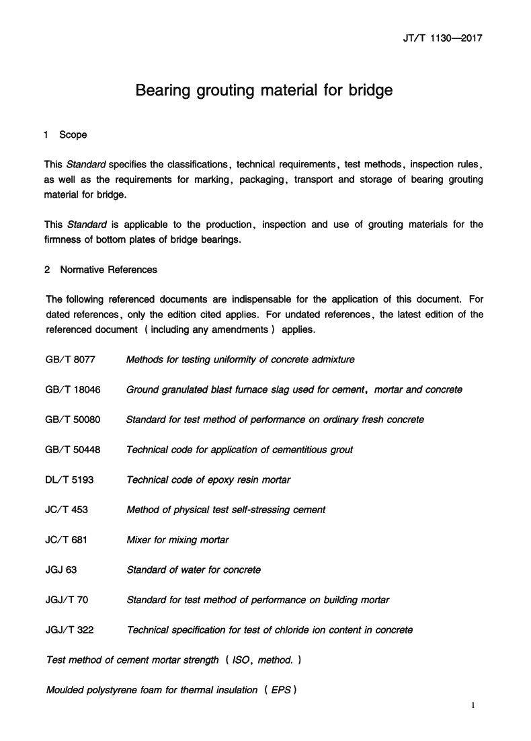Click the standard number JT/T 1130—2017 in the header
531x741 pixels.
tap(438, 38)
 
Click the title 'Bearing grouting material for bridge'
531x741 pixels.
tap(264, 90)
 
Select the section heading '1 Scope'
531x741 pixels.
tap(65, 135)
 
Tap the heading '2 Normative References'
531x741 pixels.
tap(101, 270)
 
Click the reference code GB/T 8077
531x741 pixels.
tap(71, 360)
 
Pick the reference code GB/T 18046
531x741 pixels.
tap(73, 389)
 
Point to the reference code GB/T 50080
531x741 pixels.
tap(73, 420)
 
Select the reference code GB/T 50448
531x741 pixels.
tap(73, 450)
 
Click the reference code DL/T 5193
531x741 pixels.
tap(70, 479)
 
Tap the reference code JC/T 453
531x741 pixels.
tap(67, 510)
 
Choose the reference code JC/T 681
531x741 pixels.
tap(67, 539)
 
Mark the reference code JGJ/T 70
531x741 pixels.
tap(67, 600)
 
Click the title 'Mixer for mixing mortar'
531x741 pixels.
tap(177, 539)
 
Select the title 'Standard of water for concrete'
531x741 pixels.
tap(194, 570)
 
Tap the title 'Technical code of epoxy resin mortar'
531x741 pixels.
tap(208, 479)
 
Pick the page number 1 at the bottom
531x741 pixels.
tap(474, 706)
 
